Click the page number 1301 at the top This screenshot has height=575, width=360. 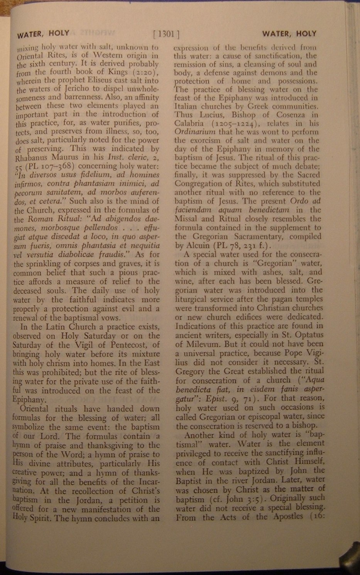(x=167, y=34)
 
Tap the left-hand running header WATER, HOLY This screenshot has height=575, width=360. (x=43, y=34)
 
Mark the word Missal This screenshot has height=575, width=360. (x=187, y=219)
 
